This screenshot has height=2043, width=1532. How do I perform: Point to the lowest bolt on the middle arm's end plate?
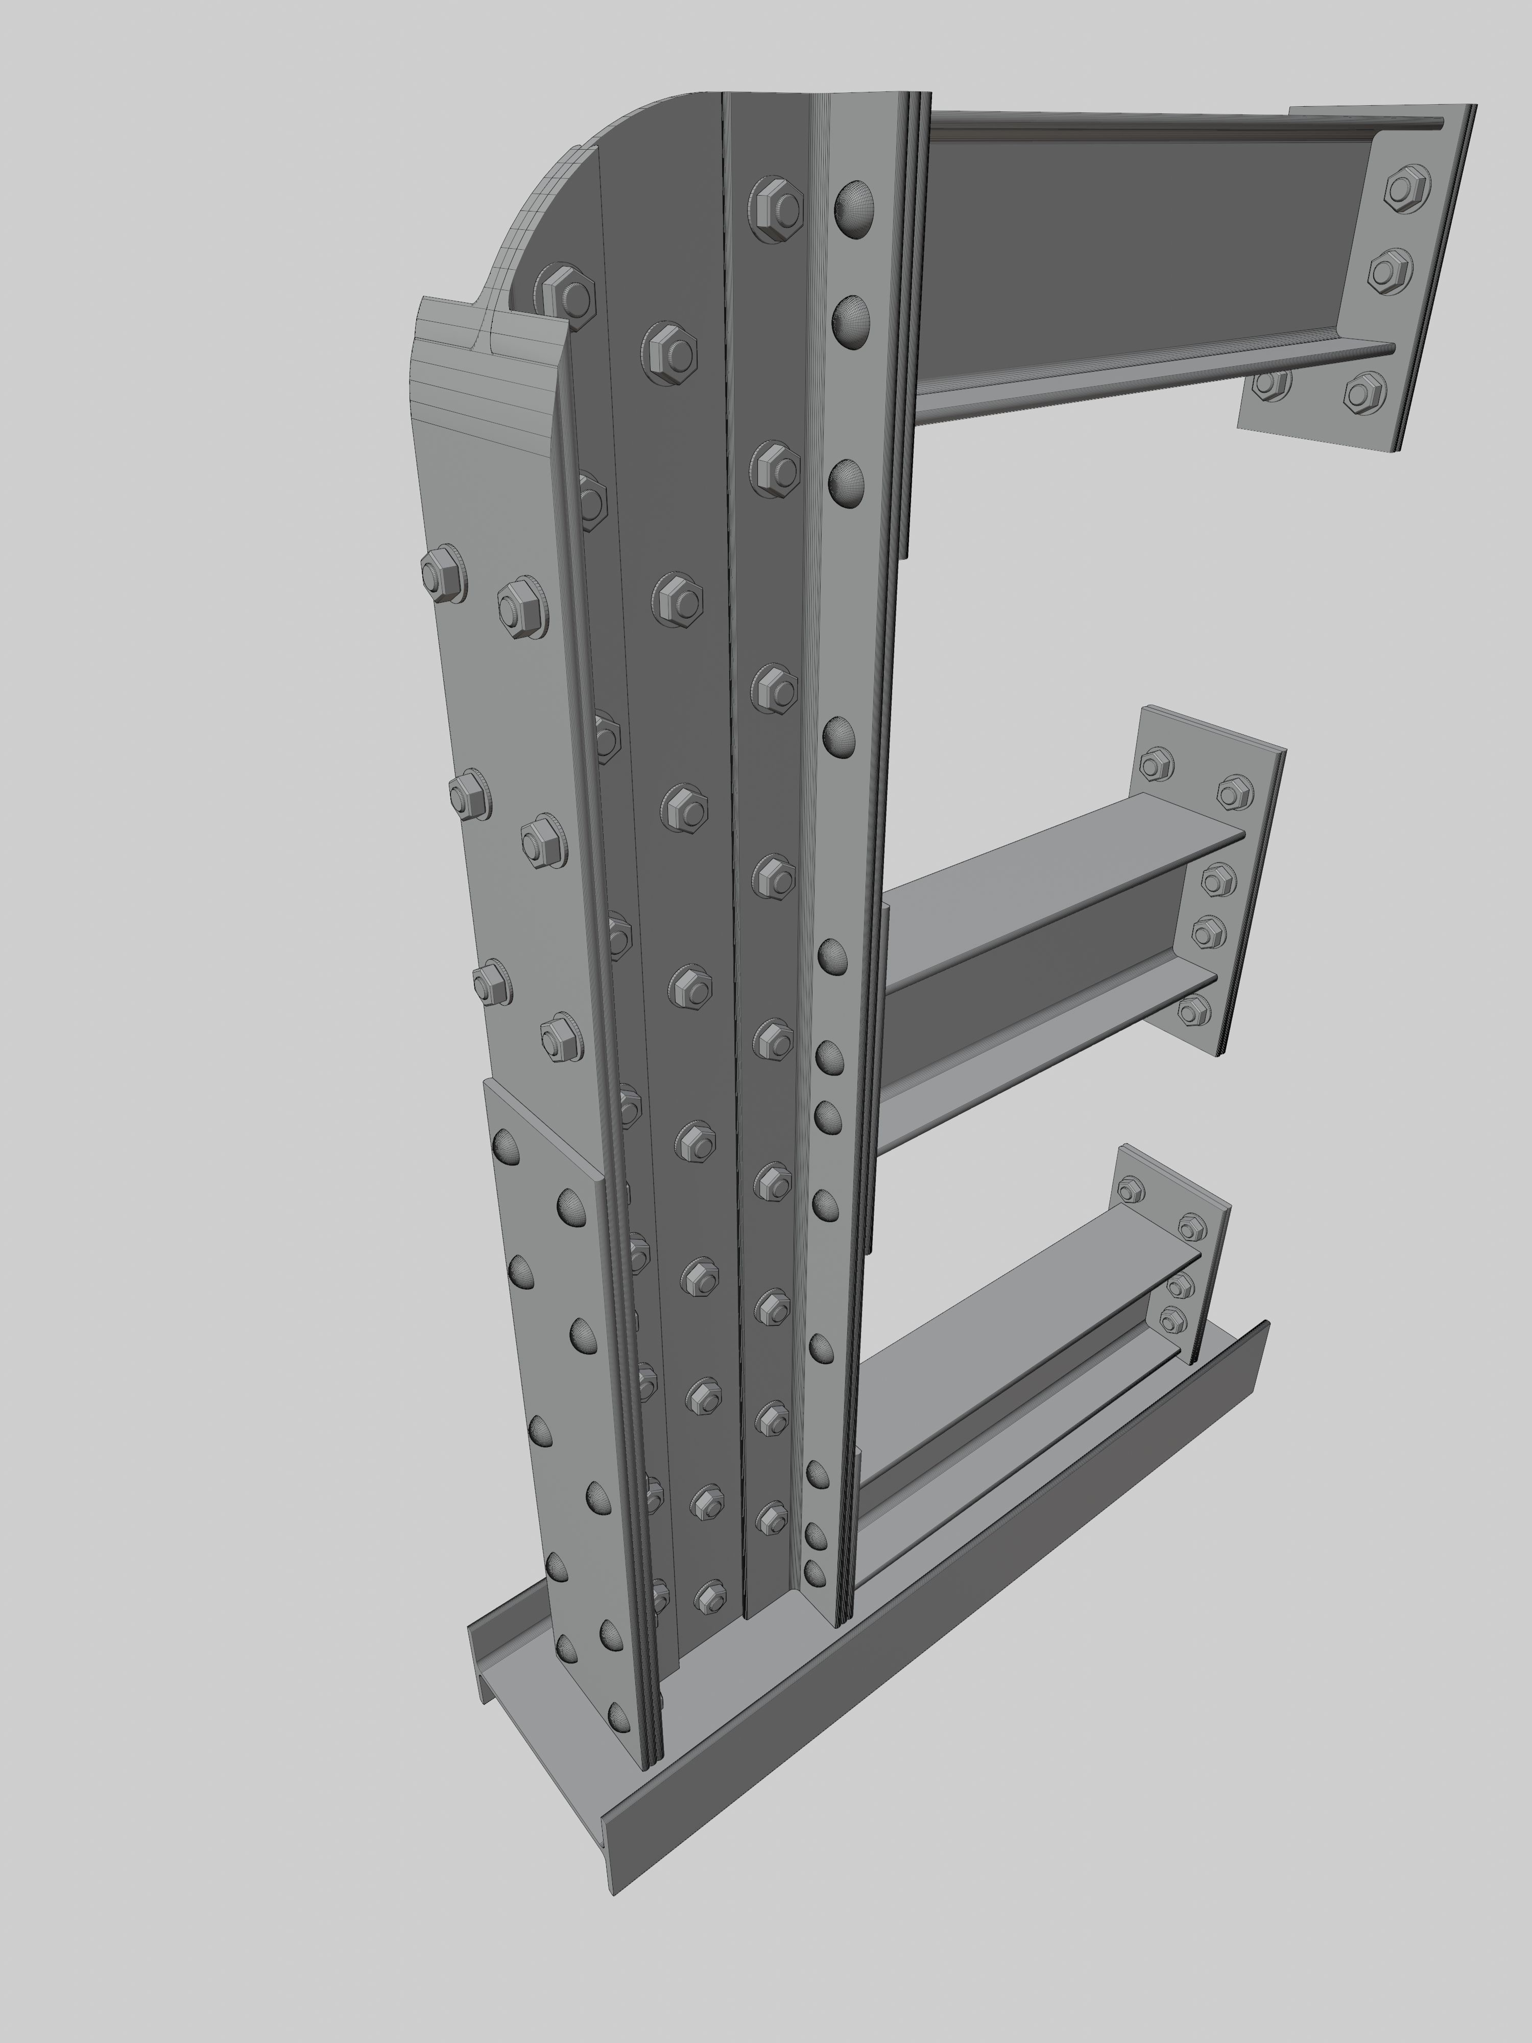pyautogui.click(x=1194, y=1010)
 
